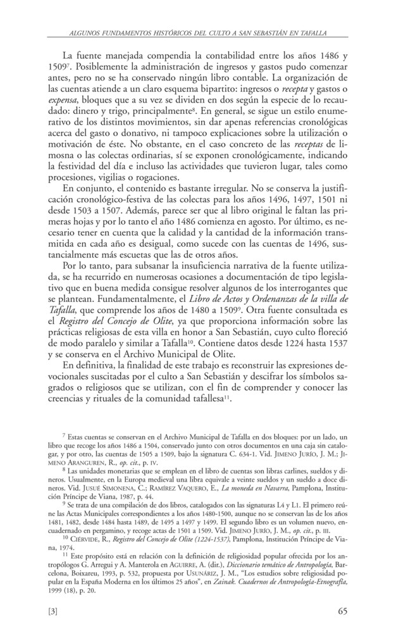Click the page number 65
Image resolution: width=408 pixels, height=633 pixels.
(x=342, y=611)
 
